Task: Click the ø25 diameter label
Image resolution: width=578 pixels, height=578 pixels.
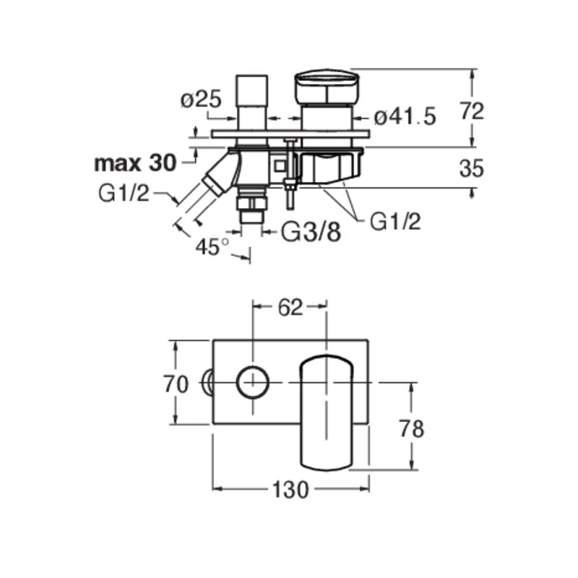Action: pos(201,100)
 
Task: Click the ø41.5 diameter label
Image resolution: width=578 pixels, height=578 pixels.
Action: pos(405,117)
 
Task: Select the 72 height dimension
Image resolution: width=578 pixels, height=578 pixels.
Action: pos(472,111)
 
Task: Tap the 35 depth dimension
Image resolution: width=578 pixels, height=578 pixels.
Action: pos(472,168)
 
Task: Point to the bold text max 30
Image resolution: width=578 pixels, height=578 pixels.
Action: pos(135,163)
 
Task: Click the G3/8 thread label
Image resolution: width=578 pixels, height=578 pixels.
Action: pos(311,233)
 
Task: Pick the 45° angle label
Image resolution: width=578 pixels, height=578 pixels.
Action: pos(212,246)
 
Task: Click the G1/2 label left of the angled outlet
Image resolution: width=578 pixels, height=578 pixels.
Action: pos(124,193)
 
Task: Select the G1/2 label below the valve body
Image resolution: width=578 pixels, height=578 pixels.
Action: pos(395,222)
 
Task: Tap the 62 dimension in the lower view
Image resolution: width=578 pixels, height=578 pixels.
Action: pos(290,308)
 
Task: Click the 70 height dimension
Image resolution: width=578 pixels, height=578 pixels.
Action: pos(176,384)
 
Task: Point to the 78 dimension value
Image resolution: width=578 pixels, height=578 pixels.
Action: pos(412,428)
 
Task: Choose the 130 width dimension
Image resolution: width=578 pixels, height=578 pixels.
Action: pos(290,490)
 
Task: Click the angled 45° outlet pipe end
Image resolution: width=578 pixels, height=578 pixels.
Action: pos(213,186)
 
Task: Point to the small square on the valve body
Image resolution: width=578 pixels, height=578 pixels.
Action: pos(280,166)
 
